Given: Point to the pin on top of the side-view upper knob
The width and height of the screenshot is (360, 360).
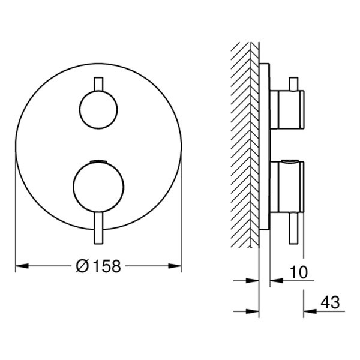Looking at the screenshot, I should click(293, 83).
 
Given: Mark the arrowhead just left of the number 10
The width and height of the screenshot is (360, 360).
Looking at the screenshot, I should click(275, 280).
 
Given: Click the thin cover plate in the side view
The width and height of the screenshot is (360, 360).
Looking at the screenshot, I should click(264, 144).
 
